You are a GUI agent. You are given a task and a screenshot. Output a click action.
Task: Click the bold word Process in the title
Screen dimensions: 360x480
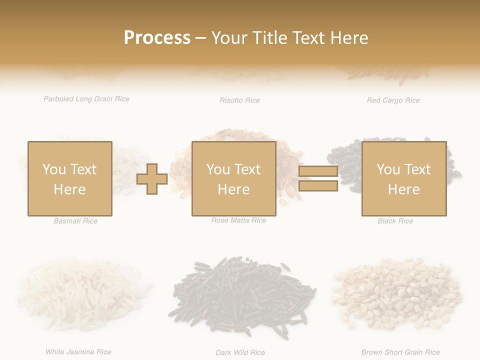[x=157, y=38]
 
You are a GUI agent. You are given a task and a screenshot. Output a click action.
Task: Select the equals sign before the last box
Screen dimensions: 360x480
[x=318, y=178]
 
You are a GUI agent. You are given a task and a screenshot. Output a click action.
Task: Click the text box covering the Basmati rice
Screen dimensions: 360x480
[x=69, y=178]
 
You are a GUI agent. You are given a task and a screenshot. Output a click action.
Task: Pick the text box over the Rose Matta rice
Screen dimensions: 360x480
[x=233, y=178]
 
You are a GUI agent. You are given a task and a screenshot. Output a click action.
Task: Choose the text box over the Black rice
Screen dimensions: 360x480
[x=403, y=178]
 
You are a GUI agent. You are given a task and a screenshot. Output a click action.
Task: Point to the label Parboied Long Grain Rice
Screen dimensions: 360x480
[x=86, y=99]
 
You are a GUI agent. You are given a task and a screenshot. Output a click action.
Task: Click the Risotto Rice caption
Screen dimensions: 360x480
[x=239, y=100]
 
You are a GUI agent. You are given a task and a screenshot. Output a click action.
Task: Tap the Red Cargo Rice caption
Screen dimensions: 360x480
[x=393, y=100]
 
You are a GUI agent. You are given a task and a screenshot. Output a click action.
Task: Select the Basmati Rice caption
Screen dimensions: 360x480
[x=75, y=221]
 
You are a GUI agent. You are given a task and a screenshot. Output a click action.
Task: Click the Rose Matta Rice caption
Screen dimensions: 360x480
[x=238, y=220]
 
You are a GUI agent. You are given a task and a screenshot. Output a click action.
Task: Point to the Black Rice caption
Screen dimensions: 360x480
[x=395, y=221]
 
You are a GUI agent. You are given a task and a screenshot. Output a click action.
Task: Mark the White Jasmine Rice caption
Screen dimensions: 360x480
[x=78, y=352]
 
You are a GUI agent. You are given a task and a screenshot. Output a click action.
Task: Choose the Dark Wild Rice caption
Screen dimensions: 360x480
[x=240, y=352]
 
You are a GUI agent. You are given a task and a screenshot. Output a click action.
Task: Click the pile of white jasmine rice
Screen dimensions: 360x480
[x=82, y=295]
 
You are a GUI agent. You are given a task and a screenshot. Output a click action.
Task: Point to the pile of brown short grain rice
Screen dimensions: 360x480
[x=397, y=295]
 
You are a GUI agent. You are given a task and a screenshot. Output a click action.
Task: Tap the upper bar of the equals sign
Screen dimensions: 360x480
[x=318, y=171]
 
